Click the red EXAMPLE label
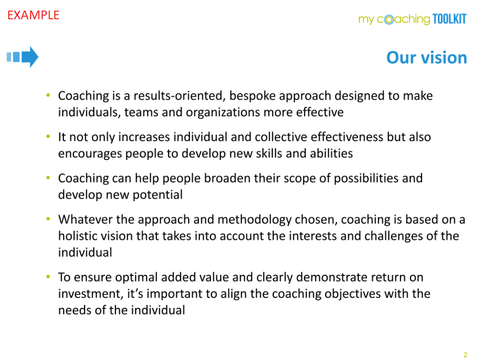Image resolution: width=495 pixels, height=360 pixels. click(x=33, y=15)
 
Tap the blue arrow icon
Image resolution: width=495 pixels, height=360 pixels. click(x=23, y=57)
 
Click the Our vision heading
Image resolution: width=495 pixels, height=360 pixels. click(x=426, y=58)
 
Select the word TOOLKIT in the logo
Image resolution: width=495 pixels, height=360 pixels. click(x=449, y=19)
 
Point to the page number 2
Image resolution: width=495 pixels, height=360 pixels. click(x=465, y=354)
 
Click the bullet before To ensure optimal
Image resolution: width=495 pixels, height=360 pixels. click(x=48, y=277)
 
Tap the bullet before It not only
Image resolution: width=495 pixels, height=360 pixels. click(x=48, y=137)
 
